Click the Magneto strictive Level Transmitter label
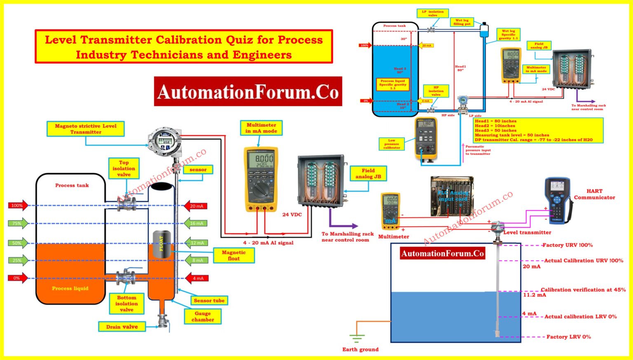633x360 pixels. coord(86,129)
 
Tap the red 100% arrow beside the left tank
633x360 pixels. coord(18,205)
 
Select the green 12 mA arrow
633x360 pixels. coord(196,243)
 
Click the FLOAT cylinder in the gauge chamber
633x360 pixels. coord(162,244)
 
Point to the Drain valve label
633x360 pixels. coord(122,327)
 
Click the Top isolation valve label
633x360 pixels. coord(124,168)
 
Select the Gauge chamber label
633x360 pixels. coord(202,316)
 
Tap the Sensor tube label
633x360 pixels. coord(209,300)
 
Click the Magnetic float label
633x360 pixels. coord(234,255)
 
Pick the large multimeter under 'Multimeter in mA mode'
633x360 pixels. coord(261,179)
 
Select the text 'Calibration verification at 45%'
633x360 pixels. coord(583,290)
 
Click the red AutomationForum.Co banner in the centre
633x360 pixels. coord(248,91)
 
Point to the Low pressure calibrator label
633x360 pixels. coord(392,144)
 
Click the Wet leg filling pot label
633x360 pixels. coord(462,22)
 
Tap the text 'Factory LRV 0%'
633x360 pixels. coord(568,337)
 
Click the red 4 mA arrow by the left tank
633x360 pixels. coord(197,278)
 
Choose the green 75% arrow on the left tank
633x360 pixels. coord(18,223)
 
